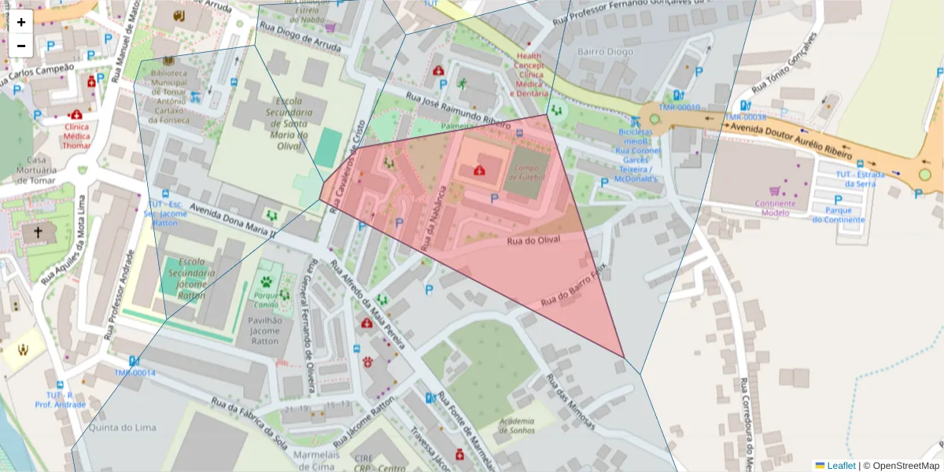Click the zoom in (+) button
[x=21, y=22]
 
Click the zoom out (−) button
[x=21, y=46]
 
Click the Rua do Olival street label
[x=533, y=240]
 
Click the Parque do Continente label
[x=839, y=215]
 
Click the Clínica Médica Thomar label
[x=76, y=135]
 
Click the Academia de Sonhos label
[x=512, y=426]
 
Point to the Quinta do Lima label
[x=120, y=428]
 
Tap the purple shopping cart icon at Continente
[x=775, y=190]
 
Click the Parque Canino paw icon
[x=267, y=281]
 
